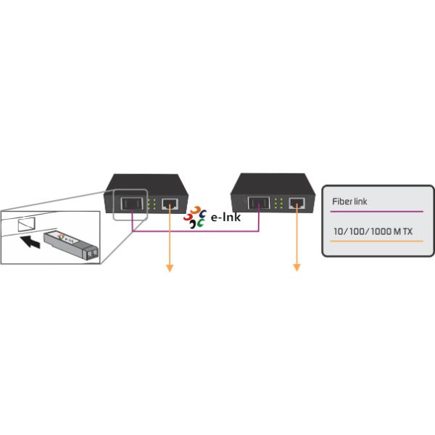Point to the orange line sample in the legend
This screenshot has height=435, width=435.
coord(376,240)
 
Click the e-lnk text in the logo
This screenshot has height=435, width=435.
coord(225,217)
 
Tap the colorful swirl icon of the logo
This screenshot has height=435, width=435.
coord(194,217)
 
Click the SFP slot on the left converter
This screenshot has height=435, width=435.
coord(131,204)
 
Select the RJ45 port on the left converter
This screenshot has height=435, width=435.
coord(170,204)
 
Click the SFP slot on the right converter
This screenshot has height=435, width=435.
coord(257,204)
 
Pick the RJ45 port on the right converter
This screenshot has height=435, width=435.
coord(297,204)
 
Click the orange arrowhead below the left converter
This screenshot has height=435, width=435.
coord(170,268)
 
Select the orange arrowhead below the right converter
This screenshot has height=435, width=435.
coord(297,268)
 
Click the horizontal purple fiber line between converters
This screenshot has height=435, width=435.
coord(196,232)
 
